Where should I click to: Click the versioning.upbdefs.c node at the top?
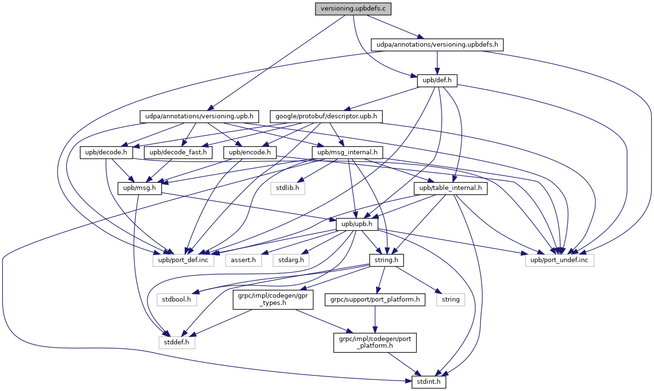[353, 9]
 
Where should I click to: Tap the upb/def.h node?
[437, 80]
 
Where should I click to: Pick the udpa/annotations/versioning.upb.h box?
[200, 116]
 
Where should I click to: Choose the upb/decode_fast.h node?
[178, 152]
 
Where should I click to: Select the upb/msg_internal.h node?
[348, 152]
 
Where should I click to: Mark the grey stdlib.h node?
[288, 188]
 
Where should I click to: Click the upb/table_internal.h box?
[451, 188]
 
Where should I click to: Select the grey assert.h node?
[243, 260]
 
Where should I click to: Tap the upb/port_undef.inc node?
[559, 260]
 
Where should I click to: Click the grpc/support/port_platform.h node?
[375, 299]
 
